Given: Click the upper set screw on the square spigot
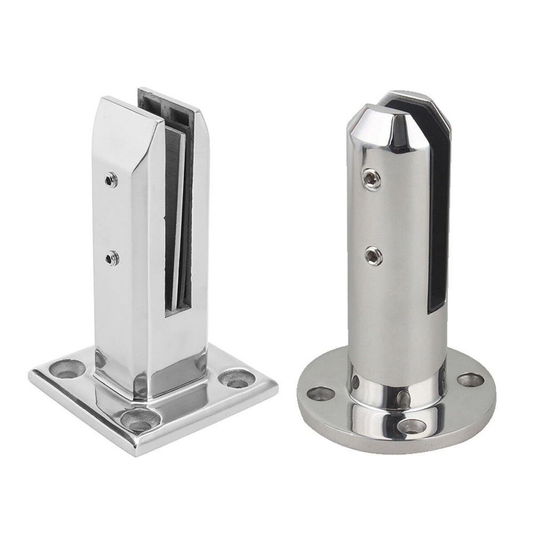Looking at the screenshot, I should pos(110,180).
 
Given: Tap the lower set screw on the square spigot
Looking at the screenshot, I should pos(111,259).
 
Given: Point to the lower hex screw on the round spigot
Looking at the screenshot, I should pos(373,257).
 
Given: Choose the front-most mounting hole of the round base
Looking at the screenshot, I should pos(413,426).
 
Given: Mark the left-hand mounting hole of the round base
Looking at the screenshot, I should pos(321,394).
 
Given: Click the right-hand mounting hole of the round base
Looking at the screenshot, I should pos(471,380).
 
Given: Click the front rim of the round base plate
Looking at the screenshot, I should pos(400,445).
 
